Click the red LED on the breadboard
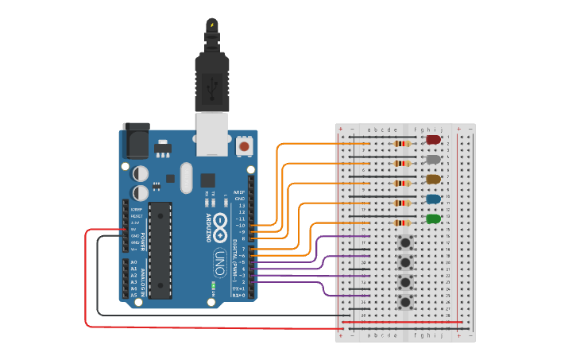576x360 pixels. point(433,140)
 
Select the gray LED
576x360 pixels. point(433,160)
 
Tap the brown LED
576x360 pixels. point(433,180)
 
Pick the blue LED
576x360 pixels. point(433,199)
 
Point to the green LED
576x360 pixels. point(433,219)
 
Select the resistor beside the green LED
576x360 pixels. point(404,223)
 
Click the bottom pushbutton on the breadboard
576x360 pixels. point(406,302)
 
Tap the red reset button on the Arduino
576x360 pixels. point(245,147)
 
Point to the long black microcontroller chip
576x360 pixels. point(160,250)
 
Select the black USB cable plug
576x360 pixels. point(212,79)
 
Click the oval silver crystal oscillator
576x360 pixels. point(187,177)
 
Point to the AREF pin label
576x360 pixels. point(238,192)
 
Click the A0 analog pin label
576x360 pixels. point(133,262)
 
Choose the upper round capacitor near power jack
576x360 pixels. point(141,172)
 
